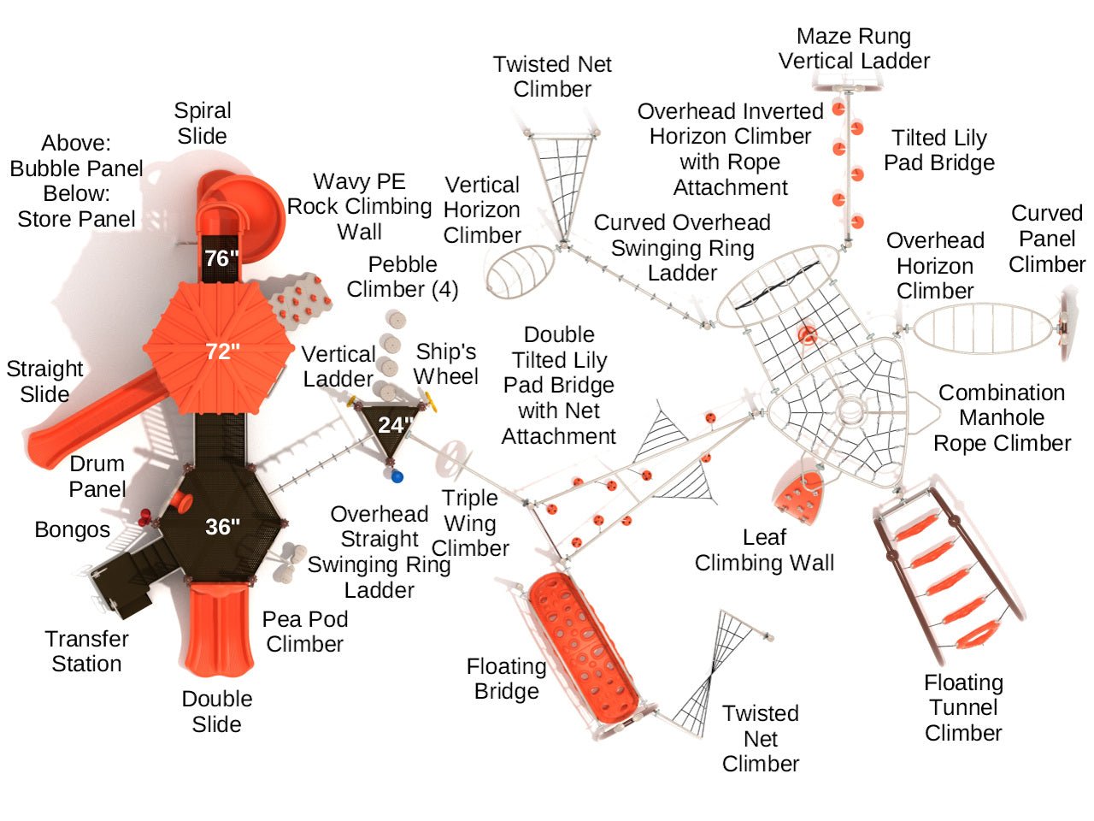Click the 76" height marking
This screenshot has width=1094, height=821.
(221, 258)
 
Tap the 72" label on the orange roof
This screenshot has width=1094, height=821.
(222, 351)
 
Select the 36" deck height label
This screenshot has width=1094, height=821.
(222, 527)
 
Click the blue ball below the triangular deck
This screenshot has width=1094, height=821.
(397, 476)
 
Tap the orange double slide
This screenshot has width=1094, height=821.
(220, 629)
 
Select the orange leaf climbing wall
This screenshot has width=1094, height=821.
(799, 497)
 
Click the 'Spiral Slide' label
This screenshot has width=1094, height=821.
(203, 123)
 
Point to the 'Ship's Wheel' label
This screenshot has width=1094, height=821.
(446, 364)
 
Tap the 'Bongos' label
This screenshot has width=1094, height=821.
(73, 530)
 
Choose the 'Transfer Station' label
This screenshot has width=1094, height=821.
(86, 652)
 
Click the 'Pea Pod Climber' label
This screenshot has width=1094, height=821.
(305, 631)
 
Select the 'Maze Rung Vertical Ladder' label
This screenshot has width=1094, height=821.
(854, 49)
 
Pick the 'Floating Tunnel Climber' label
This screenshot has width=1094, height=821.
(963, 708)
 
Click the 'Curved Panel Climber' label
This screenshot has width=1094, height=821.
(1046, 239)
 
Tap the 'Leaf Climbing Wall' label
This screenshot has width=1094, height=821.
(764, 550)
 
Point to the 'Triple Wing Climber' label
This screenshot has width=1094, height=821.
(470, 523)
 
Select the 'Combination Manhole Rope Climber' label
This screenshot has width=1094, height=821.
(1002, 418)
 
